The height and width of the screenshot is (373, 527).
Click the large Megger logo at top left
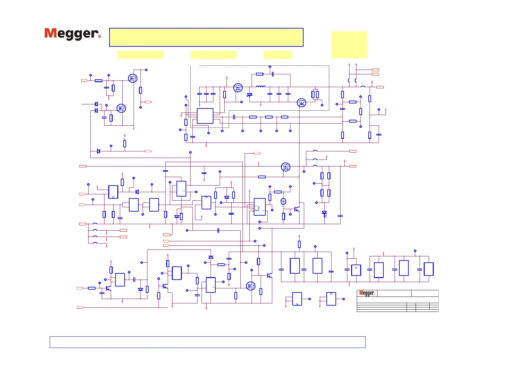point(72,34)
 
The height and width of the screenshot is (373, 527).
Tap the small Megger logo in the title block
point(366,293)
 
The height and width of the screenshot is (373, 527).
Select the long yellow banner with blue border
point(206,37)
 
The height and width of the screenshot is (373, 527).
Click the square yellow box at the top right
point(349,45)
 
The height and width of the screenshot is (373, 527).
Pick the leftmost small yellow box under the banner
point(140,55)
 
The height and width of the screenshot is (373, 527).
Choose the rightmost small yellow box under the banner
point(278,55)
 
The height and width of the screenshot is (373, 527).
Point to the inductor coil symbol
point(260,87)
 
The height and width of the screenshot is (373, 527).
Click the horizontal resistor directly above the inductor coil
point(259,74)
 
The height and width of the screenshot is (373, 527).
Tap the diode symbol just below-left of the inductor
point(249,95)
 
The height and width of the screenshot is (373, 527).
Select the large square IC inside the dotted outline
point(205,116)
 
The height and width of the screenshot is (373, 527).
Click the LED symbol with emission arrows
point(324,213)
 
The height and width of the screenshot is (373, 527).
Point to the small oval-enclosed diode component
point(284,201)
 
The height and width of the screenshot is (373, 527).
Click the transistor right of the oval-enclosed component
point(297,209)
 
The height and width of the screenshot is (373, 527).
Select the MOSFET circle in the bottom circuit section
point(251,286)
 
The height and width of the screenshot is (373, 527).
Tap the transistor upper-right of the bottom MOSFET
point(269,275)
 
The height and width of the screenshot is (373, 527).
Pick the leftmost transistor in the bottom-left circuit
point(108,288)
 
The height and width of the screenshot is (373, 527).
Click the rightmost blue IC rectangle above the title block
point(428,269)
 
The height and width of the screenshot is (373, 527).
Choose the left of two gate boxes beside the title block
point(297,299)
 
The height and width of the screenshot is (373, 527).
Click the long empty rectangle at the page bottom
point(207,342)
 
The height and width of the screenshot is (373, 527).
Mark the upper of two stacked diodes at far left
point(96,104)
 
